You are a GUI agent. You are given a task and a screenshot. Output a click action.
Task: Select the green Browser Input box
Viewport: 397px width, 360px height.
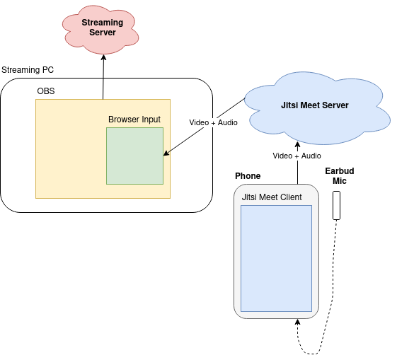(x=134, y=156)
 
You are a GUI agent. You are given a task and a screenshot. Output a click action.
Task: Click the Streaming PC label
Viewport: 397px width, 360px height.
(x=28, y=70)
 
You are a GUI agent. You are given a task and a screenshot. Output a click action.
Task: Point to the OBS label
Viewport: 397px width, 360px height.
(x=46, y=91)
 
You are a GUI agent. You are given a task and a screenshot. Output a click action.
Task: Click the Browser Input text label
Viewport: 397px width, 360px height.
(x=134, y=120)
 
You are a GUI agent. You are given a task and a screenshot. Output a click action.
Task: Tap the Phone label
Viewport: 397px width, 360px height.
(x=248, y=176)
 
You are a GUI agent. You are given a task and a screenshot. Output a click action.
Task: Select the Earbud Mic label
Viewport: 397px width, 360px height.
(x=340, y=176)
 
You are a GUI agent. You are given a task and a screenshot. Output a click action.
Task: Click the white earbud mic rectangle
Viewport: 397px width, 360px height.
(x=336, y=205)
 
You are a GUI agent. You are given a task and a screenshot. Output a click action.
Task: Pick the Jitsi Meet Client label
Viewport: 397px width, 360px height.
(x=272, y=197)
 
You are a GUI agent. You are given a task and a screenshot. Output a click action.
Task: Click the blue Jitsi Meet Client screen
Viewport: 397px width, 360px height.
(x=276, y=259)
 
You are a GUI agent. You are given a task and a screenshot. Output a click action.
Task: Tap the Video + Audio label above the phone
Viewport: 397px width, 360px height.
(x=297, y=156)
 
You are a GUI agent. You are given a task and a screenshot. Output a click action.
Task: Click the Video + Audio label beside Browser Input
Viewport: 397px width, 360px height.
(x=213, y=122)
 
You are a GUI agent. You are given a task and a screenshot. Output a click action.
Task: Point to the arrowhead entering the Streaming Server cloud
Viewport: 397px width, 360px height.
(x=103, y=57)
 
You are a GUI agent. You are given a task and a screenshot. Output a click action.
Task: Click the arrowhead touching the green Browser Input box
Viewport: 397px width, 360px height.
(x=166, y=153)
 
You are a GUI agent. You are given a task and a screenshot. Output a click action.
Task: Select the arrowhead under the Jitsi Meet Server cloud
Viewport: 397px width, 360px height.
(x=298, y=145)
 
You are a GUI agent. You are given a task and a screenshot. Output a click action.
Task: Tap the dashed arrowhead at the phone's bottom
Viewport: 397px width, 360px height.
(x=298, y=322)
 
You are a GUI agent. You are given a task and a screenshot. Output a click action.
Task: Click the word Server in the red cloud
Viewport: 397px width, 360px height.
(x=103, y=33)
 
